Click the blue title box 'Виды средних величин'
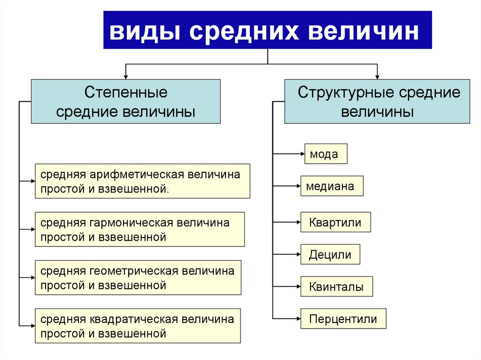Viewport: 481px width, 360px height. (267, 30)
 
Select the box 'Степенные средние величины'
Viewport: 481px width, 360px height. (125, 101)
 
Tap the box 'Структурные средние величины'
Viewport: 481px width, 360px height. (377, 101)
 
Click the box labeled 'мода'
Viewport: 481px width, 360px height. (326, 153)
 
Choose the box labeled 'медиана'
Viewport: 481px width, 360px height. (332, 186)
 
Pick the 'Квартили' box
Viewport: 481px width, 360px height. (335, 222)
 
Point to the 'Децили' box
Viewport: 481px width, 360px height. (330, 255)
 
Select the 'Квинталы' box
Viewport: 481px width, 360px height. (336, 286)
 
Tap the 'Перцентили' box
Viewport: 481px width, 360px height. (343, 319)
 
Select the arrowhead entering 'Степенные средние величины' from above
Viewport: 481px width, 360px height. (125, 76)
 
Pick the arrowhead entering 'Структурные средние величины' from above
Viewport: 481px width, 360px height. (377, 76)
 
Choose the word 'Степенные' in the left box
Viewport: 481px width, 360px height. (125, 92)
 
